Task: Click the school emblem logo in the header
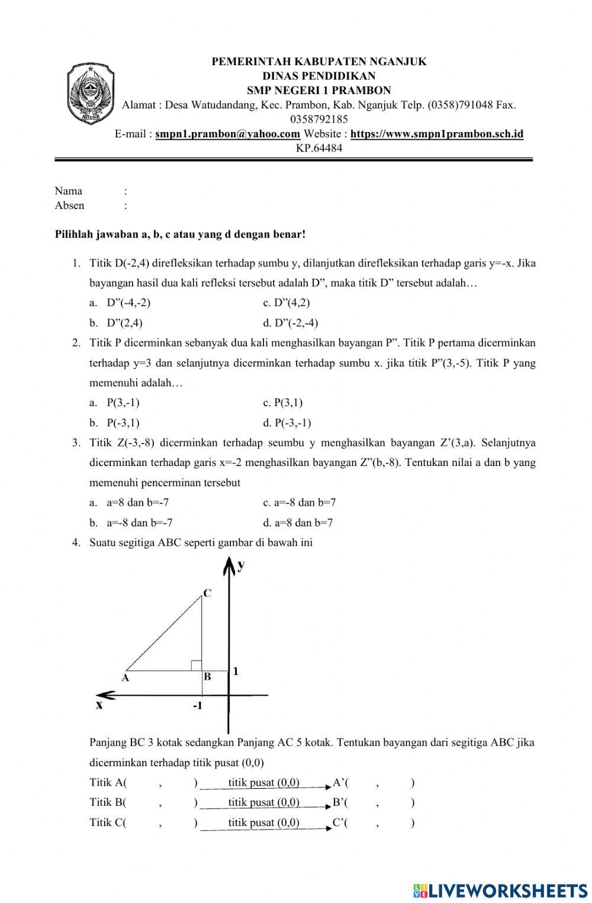coord(91,94)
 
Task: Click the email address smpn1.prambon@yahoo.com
coord(227,134)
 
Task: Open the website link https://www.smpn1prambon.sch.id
coord(436,134)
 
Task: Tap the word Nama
coord(68,191)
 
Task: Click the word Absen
coord(69,205)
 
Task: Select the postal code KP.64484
coord(319,148)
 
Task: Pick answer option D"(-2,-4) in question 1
coord(291,323)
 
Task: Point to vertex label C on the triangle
coord(207,593)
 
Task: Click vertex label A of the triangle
coord(126,679)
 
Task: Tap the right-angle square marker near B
coord(196,665)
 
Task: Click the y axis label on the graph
coord(241,565)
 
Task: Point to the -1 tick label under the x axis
coord(197,706)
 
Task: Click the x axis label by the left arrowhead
coord(99,705)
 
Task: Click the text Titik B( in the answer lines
coord(108,802)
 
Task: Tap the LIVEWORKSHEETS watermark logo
coord(500,890)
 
